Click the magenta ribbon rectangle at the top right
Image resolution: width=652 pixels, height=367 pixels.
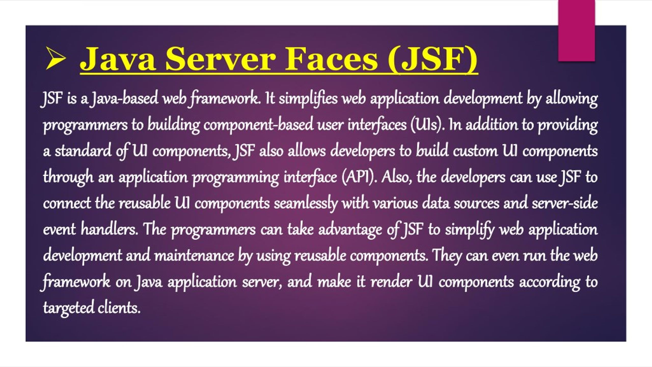576,31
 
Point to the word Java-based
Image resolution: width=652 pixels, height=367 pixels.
125,99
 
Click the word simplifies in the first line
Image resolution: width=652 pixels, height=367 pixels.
308,99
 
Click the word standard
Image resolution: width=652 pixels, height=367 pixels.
83,151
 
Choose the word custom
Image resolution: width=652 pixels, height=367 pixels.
475,151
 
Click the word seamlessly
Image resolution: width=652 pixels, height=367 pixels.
306,204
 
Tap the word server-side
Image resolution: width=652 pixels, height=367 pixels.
565,203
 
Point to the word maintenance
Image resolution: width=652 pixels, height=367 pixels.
194,256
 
